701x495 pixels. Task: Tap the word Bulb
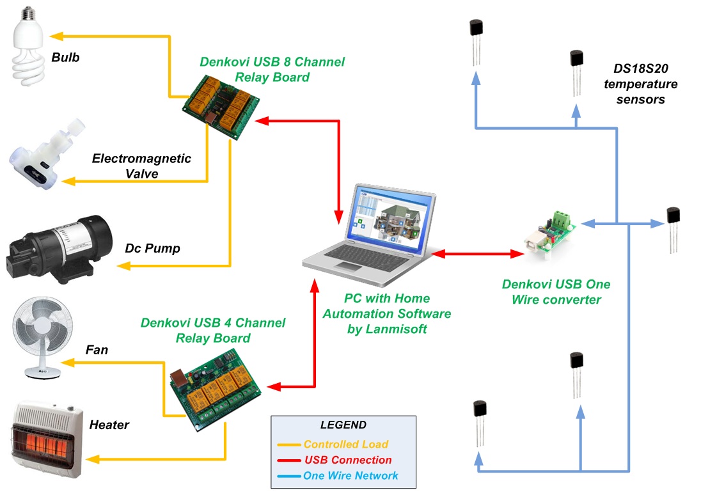[65, 58]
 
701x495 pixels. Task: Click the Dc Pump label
[152, 248]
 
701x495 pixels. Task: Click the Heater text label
[109, 425]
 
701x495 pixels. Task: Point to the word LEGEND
[343, 425]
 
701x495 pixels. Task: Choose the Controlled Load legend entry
[345, 444]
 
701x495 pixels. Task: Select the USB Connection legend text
[348, 460]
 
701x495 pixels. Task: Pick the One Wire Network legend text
[350, 476]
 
